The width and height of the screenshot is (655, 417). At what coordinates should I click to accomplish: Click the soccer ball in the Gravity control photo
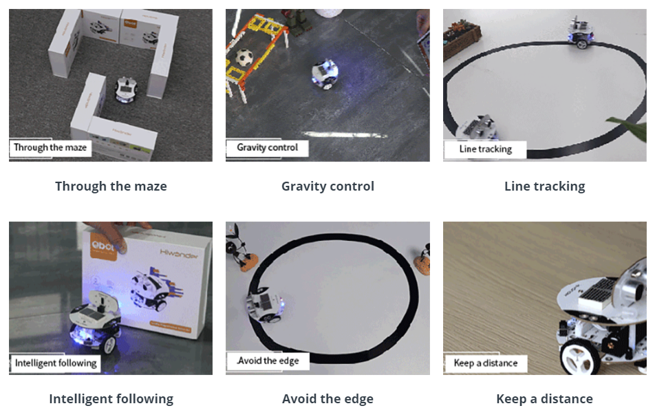pos(244,57)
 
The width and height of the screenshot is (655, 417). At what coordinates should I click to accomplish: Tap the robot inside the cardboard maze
pos(127,89)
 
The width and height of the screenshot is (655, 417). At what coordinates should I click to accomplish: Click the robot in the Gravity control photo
pos(325,74)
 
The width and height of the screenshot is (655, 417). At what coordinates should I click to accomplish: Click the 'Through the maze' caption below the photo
pos(111,186)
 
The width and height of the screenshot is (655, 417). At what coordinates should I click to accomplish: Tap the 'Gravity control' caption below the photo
pos(328,186)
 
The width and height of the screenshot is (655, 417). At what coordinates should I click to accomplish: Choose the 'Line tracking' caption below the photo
pos(545,186)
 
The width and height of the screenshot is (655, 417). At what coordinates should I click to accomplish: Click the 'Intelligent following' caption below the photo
pos(111,398)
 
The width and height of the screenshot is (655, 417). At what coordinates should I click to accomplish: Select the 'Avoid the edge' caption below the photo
pos(328,398)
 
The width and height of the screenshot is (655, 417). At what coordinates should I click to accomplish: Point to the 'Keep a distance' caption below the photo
pos(545,398)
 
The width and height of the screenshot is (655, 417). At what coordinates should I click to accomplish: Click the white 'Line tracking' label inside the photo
pos(485,149)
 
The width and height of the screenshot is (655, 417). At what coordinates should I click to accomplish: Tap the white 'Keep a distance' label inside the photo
pos(486,363)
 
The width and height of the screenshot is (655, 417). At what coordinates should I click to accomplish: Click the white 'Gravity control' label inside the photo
pos(268,147)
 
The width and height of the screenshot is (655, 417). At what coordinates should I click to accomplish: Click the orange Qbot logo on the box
pos(103,248)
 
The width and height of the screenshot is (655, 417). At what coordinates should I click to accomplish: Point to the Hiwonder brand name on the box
pos(179,254)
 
